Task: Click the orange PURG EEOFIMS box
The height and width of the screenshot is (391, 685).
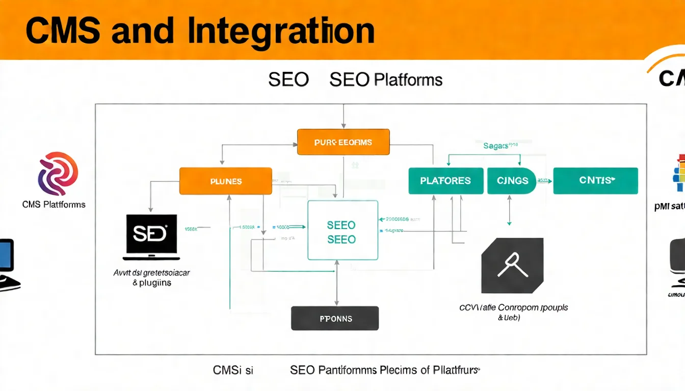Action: point(343,142)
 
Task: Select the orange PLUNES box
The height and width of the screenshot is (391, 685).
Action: point(225,181)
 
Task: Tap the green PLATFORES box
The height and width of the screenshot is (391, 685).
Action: point(445,181)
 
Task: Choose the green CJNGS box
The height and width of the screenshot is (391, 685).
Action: point(511,181)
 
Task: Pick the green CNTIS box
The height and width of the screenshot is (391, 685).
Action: point(595,181)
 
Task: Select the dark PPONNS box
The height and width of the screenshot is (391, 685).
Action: point(335,318)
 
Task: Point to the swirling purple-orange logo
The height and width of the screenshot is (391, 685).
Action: point(58,174)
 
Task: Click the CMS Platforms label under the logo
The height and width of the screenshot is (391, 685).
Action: point(54,205)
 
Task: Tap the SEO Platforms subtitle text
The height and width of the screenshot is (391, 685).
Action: point(386,80)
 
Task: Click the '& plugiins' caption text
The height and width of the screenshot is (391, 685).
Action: point(151,283)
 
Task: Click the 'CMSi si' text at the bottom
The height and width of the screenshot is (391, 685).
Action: point(232,370)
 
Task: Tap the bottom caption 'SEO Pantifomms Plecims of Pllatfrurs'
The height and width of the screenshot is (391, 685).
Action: point(385,370)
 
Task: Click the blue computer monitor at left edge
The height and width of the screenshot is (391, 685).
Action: point(6,255)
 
